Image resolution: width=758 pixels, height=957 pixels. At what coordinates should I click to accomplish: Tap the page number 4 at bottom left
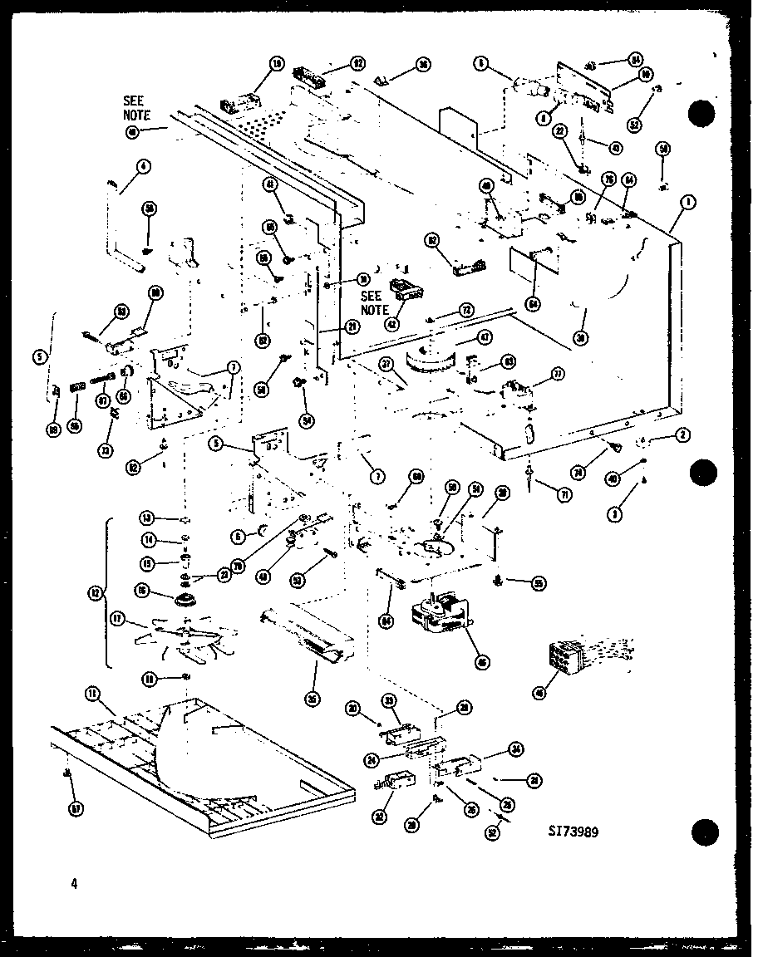[x=73, y=884]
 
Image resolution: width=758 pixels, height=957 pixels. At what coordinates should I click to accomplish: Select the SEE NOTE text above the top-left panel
[x=136, y=109]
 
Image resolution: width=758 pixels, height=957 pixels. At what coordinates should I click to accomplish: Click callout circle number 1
[x=689, y=201]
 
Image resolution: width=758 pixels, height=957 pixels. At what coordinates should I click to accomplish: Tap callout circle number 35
[x=312, y=699]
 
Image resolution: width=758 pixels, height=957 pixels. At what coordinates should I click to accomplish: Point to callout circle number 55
[x=539, y=584]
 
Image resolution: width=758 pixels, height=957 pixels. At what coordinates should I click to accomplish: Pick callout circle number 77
[x=557, y=375]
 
